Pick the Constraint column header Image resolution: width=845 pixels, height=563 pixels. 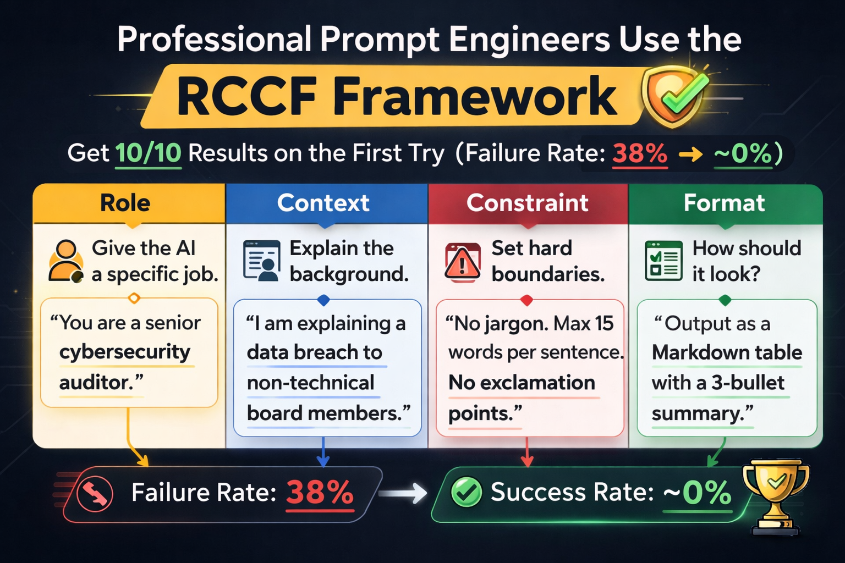(x=528, y=203)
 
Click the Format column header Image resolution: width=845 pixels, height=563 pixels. (x=725, y=203)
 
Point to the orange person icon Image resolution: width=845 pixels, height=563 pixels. (x=66, y=262)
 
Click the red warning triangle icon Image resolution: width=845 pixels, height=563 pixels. (x=463, y=262)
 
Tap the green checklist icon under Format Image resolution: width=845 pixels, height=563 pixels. (x=663, y=261)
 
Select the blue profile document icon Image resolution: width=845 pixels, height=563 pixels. (x=262, y=261)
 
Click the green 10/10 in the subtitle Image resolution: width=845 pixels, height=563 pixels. (x=148, y=153)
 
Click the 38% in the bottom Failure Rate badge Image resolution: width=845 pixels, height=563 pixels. (x=320, y=493)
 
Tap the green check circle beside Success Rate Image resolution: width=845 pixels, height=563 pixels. (x=467, y=492)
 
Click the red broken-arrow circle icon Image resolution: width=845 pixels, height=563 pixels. (x=94, y=493)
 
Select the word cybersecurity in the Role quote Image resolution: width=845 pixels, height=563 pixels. (x=125, y=352)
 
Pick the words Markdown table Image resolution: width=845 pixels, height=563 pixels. (x=727, y=353)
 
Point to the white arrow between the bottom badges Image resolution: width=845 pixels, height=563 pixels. (x=403, y=493)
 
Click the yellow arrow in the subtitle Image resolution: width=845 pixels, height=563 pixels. (x=691, y=154)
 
